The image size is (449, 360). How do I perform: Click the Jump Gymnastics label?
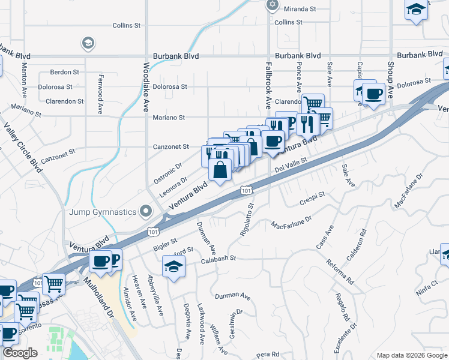(103, 211)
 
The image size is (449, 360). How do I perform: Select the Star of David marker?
(273, 5)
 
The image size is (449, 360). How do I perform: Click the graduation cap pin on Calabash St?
(173, 266)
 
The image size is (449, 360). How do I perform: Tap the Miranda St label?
(300, 9)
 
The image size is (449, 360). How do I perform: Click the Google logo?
(20, 353)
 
